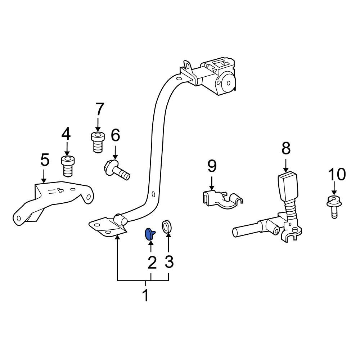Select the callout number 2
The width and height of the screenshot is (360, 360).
(152, 263)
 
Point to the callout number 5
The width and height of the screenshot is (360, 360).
(45, 160)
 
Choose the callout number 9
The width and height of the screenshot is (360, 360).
(212, 166)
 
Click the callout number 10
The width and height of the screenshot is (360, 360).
(337, 174)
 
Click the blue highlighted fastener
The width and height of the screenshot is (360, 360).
(149, 234)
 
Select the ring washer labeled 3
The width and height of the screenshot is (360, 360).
(167, 226)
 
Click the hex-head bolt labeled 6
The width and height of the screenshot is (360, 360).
(117, 170)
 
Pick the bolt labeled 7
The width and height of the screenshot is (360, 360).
(98, 142)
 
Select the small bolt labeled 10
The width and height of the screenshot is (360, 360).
(334, 206)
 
